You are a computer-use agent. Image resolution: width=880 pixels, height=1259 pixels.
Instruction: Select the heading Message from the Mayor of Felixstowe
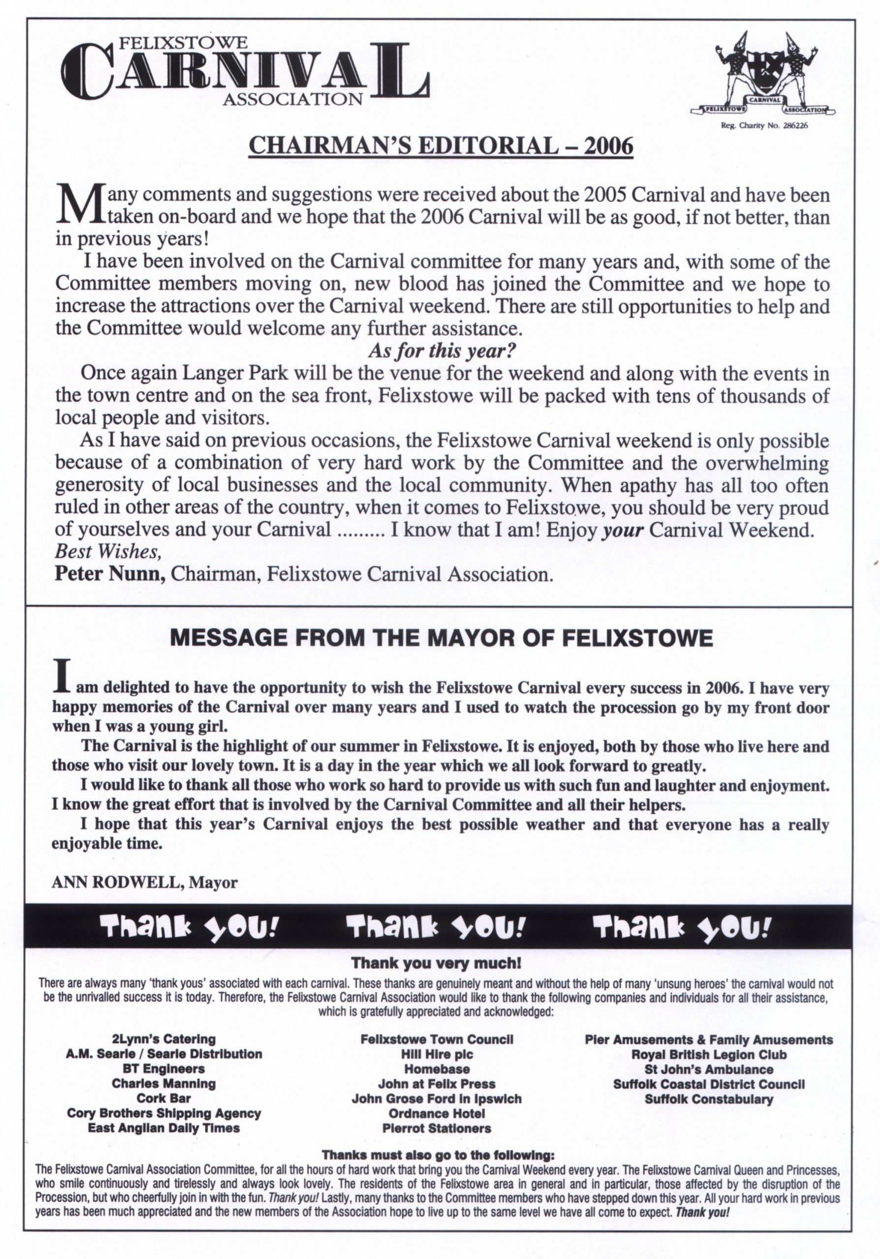pos(441,638)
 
